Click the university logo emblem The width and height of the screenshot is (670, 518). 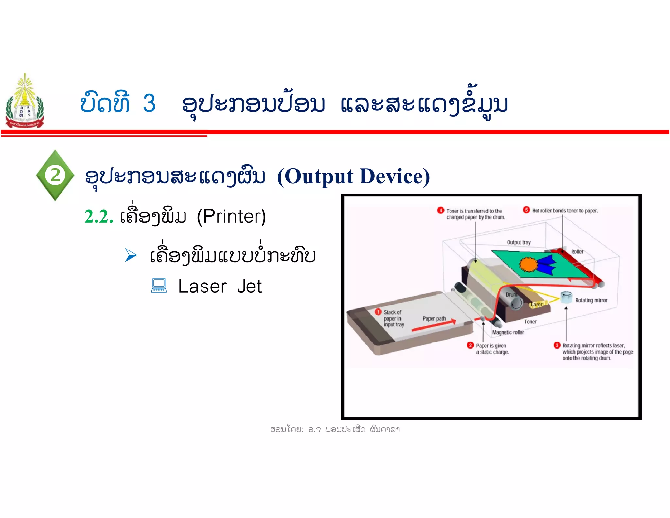point(25,102)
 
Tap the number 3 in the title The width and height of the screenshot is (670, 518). point(149,103)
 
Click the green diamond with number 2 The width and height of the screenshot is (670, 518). point(55,175)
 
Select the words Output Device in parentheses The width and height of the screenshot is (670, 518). point(353,176)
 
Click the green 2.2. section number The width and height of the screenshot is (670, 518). point(99,217)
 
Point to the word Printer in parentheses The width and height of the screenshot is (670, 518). point(231,216)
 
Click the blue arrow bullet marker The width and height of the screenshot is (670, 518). point(131,255)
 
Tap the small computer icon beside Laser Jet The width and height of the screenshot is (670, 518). point(159,286)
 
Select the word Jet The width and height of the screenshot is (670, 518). point(249,287)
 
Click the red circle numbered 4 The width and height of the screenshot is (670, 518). point(440,210)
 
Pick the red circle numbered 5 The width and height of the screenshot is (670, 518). point(526,210)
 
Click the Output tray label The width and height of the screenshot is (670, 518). point(519,242)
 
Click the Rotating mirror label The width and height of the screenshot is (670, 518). point(591,300)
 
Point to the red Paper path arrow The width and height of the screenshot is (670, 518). point(434,326)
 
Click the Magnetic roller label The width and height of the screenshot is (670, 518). point(508,332)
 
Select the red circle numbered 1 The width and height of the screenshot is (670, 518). point(378,312)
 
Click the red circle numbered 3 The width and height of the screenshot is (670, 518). point(557,345)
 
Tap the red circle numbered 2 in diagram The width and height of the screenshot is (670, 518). point(470,345)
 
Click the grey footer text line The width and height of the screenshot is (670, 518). point(335,429)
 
